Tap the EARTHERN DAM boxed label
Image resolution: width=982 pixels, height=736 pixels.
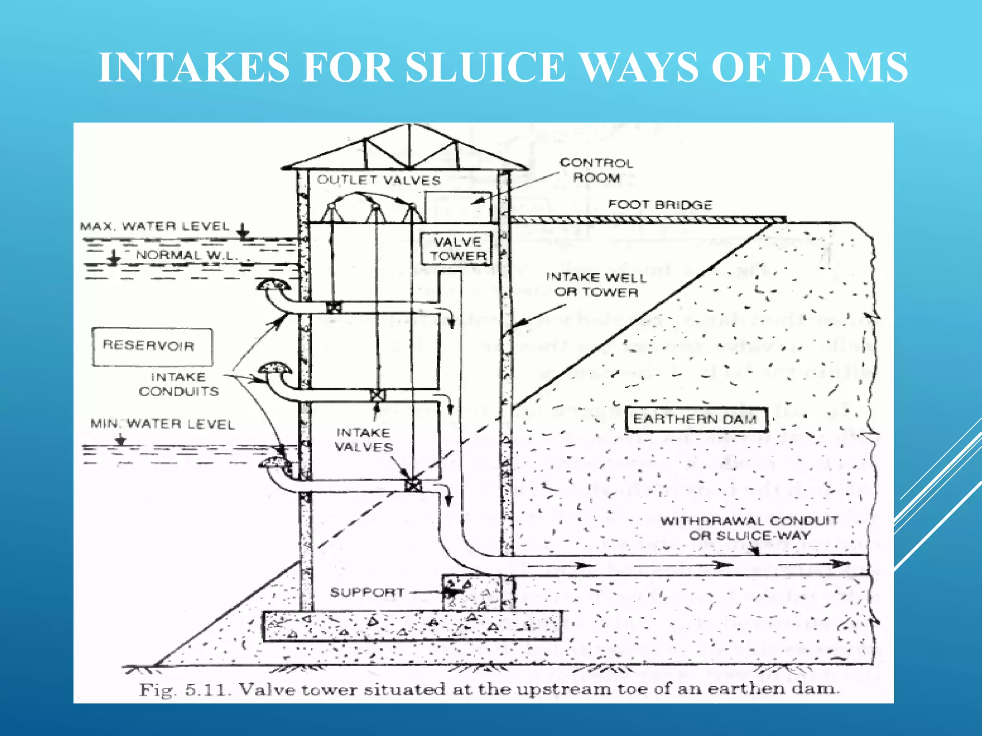pos(696,420)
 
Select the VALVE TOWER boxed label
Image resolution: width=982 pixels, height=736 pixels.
pos(457,249)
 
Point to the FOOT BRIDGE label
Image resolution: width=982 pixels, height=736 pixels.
pos(660,205)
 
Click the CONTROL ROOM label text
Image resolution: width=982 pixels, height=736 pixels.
pos(596,170)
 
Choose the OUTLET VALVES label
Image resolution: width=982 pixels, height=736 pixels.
pos(378,180)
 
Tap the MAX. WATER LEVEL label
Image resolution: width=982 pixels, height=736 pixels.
pos(155,226)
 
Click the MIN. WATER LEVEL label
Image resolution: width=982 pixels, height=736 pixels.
pos(163,424)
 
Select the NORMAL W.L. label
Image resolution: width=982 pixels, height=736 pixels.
pos(187,255)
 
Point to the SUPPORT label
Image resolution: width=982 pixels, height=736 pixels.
pos(367,593)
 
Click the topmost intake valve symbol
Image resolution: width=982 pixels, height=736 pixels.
pos(334,307)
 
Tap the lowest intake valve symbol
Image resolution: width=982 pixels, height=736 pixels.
pos(412,485)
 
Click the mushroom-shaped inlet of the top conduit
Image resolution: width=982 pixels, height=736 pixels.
pos(274,286)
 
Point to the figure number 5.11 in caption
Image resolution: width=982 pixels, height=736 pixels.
pos(208,690)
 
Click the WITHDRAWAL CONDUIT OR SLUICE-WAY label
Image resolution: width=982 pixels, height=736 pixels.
pos(749,528)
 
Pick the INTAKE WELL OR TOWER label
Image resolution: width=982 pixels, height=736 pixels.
pos(596,285)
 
